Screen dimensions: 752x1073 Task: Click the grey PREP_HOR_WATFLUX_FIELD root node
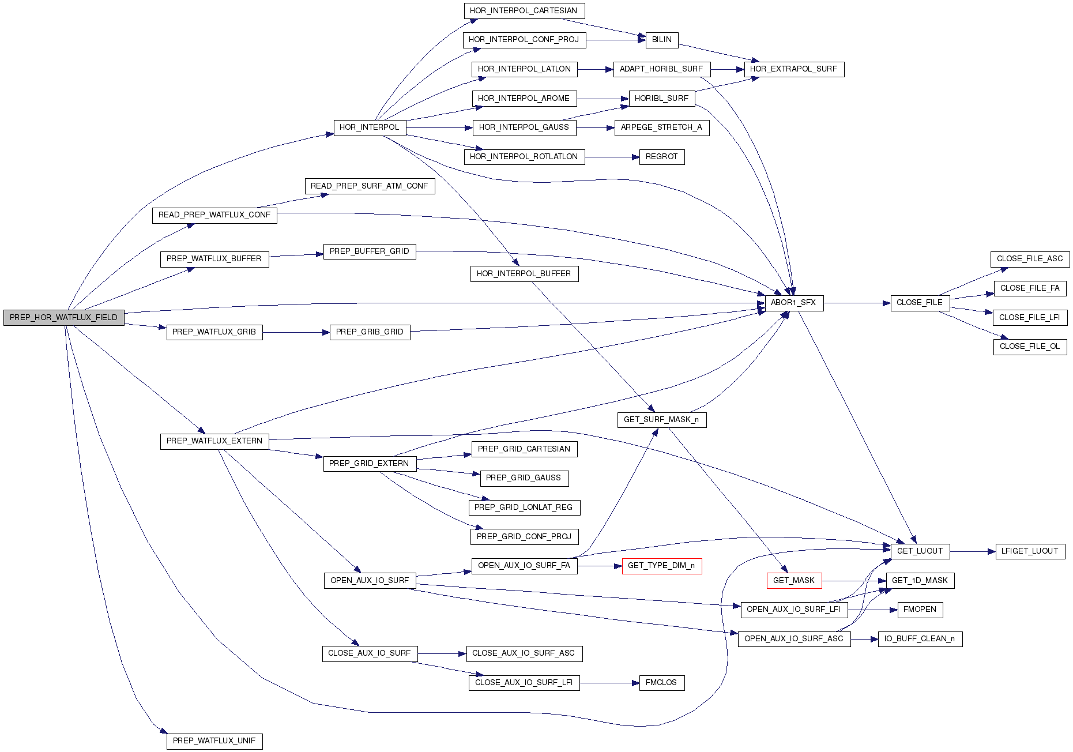(63, 318)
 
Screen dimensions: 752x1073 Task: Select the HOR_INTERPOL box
(369, 127)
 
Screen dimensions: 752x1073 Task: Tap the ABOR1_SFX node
(793, 303)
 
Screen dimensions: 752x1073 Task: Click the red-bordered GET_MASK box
(793, 581)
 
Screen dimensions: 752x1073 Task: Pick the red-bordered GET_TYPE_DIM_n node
(661, 566)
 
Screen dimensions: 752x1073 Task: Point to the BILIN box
(661, 40)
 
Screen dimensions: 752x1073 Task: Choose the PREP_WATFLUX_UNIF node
(214, 741)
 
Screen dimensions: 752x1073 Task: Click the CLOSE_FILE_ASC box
(1029, 259)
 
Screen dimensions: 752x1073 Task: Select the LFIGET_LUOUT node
(1029, 551)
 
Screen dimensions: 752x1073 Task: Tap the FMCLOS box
(661, 683)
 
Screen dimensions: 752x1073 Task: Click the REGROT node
(661, 157)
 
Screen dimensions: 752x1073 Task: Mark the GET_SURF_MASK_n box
(661, 420)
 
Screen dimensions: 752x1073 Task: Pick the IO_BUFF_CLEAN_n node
(920, 639)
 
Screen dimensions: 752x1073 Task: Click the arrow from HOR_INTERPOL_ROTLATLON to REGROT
(612, 157)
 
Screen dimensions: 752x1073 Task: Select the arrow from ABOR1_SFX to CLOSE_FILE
(857, 303)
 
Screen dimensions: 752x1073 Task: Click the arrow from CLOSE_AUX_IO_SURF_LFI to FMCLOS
(609, 683)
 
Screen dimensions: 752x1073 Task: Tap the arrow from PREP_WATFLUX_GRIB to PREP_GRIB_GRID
(296, 332)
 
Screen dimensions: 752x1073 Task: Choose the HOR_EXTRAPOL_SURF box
(793, 69)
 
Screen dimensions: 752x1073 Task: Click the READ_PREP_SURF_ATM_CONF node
(369, 186)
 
